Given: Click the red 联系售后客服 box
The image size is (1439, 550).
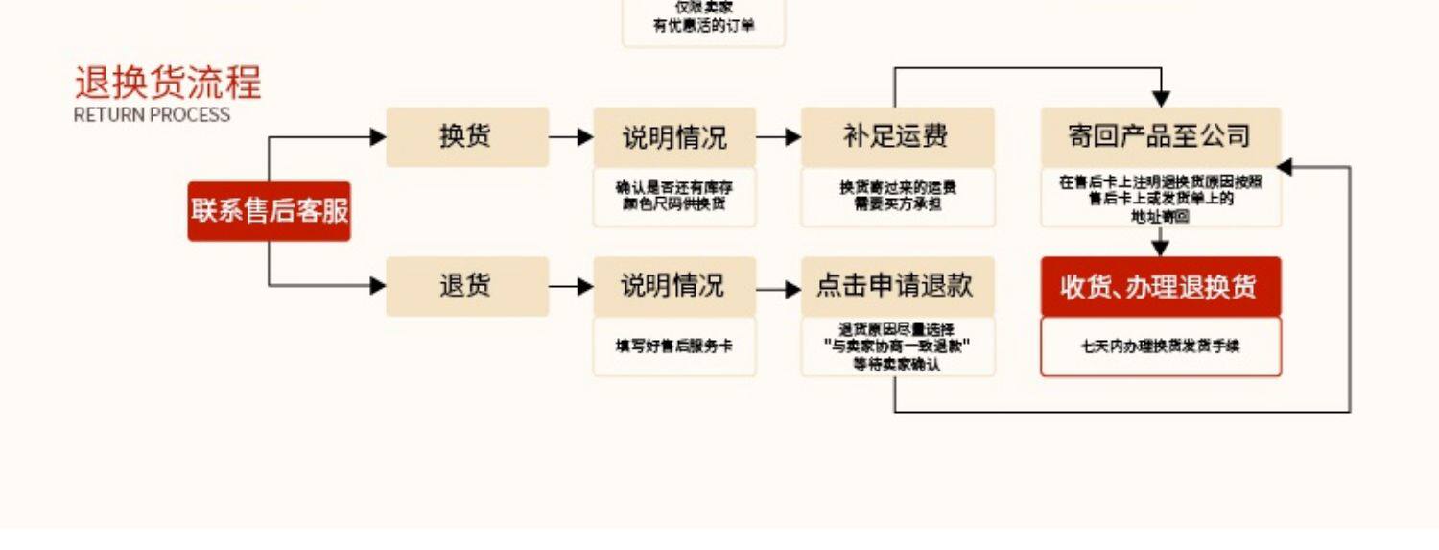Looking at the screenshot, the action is click(x=269, y=211).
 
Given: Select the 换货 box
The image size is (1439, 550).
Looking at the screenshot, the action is click(x=467, y=137).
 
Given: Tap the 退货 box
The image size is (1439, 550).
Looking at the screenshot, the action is click(x=467, y=286).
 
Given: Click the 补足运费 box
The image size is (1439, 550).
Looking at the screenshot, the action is click(x=897, y=137).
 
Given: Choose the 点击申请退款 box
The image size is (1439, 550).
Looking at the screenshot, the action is click(x=897, y=286).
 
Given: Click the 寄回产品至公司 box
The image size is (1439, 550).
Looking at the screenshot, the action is click(x=1161, y=137).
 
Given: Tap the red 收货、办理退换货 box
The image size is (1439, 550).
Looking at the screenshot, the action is click(x=1161, y=286).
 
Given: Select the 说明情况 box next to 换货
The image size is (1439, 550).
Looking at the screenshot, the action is click(x=674, y=137).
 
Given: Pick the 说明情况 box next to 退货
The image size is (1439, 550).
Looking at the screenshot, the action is click(x=674, y=286).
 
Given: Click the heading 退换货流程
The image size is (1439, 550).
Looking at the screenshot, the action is click(x=168, y=84).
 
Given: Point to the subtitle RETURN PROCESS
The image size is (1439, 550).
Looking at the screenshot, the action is click(x=152, y=115).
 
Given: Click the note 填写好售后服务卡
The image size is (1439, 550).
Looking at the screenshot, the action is click(x=674, y=346).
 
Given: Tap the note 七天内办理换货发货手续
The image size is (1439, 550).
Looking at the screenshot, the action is click(x=1161, y=346).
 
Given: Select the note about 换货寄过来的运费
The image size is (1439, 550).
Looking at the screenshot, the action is click(x=897, y=196).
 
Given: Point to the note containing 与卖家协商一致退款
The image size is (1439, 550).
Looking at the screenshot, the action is click(x=897, y=346).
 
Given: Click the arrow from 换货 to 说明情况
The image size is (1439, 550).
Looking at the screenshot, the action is click(x=572, y=137).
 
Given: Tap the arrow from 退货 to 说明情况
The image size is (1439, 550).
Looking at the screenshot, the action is click(x=572, y=286).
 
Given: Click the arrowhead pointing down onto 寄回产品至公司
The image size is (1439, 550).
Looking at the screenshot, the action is click(x=1161, y=98).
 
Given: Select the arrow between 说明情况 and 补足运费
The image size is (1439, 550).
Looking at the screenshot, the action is click(x=778, y=137).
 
